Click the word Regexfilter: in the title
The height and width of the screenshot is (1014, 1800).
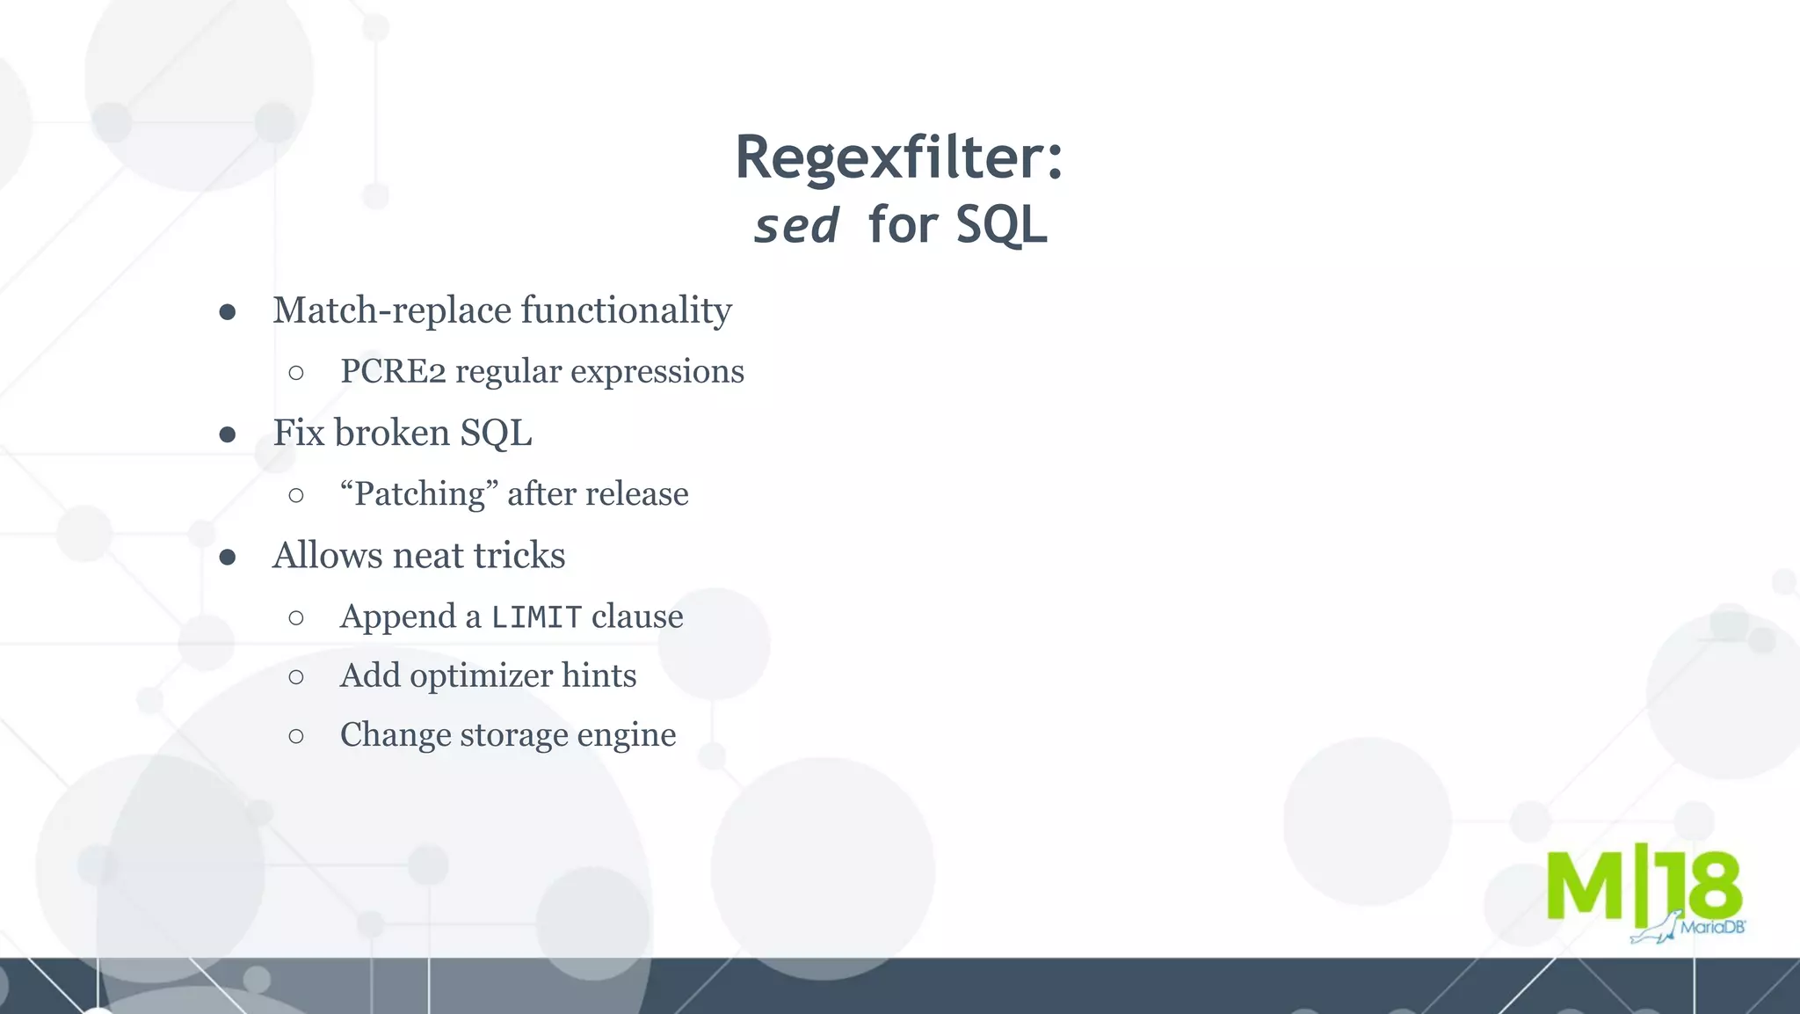pos(898,157)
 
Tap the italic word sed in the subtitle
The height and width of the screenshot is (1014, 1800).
pos(796,225)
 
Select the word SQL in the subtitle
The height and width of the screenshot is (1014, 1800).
pos(1001,225)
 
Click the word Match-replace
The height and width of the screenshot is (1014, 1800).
pos(392,310)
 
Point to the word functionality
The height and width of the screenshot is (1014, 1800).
pos(626,310)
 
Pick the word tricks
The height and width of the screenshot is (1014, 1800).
pos(519,556)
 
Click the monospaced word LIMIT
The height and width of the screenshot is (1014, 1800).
pos(536,617)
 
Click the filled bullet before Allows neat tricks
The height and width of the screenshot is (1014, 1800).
pos(228,557)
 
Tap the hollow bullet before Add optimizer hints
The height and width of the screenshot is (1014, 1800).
pos(296,677)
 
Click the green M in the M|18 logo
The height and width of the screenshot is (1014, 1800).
pos(1585,886)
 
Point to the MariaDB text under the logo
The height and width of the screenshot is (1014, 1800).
pos(1712,928)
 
